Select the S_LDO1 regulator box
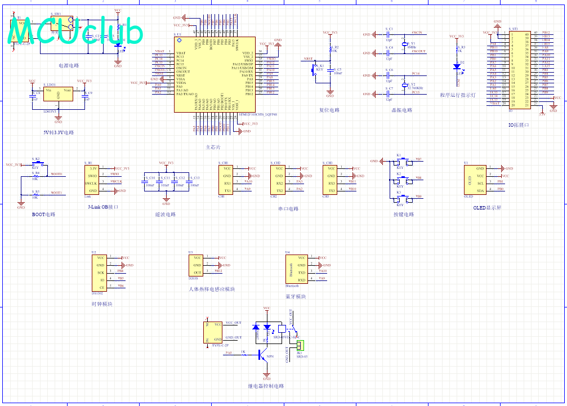pos(58,95)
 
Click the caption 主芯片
pos(213,148)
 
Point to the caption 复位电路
pos(329,110)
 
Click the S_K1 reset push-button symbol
pos(314,70)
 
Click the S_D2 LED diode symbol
pos(457,66)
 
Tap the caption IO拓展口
pos(519,124)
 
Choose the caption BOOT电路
pos(44,215)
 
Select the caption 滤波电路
pos(166,215)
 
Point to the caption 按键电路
pos(404,215)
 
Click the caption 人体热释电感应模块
pos(211,289)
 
